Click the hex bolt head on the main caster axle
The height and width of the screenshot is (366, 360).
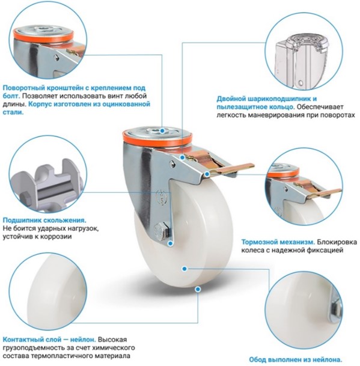point(161,231)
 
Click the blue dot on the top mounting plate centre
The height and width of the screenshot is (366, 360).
point(162,131)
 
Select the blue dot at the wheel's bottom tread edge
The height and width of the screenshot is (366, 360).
point(198,290)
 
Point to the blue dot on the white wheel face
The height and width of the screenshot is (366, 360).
point(185,269)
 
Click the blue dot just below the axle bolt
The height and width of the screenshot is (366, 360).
point(171,243)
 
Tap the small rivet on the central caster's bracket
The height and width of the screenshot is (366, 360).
point(172,164)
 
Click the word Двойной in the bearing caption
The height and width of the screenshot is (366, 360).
point(231,99)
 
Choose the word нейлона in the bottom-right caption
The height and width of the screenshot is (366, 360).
point(328,359)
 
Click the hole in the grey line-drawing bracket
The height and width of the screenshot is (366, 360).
point(301,82)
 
